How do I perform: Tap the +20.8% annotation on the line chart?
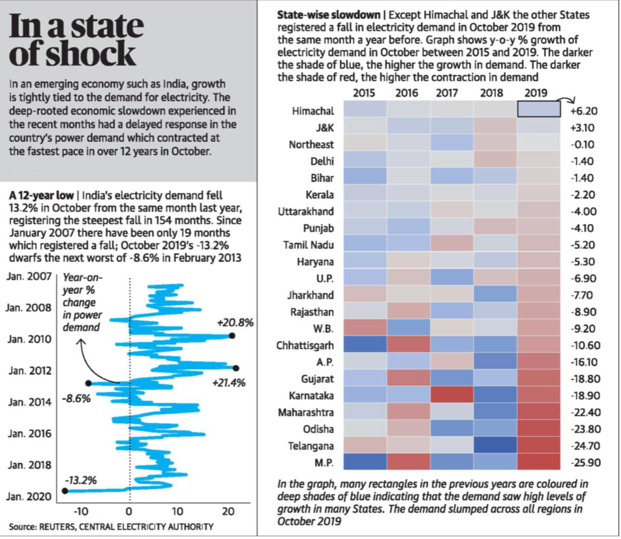[x=235, y=323]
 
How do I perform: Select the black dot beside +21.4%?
[x=236, y=368]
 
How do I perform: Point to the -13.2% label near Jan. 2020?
[x=81, y=481]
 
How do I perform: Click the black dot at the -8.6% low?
[x=88, y=383]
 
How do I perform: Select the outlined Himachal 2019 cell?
[x=538, y=109]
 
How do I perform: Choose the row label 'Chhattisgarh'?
[x=305, y=346]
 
